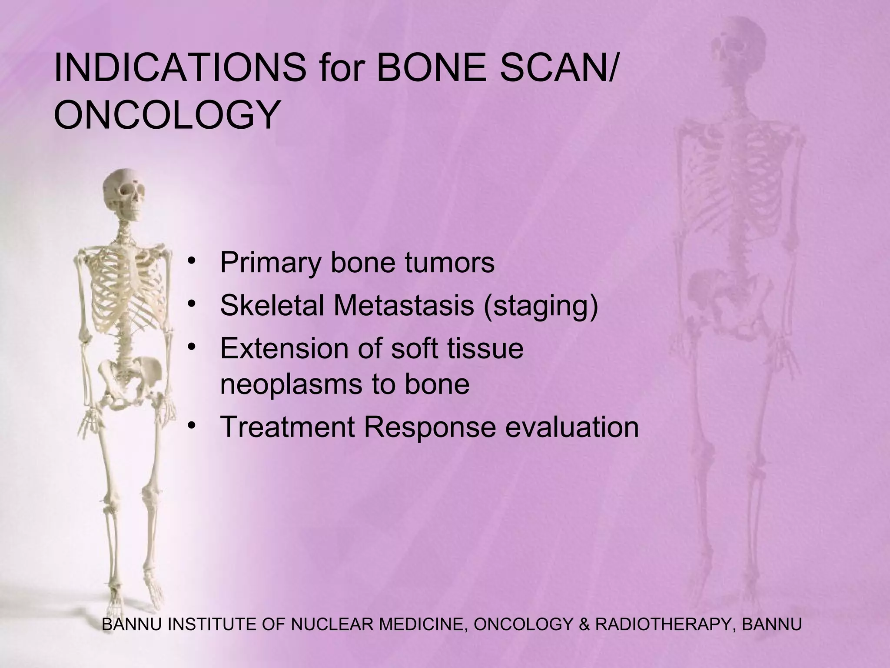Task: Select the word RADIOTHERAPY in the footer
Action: point(662,625)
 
